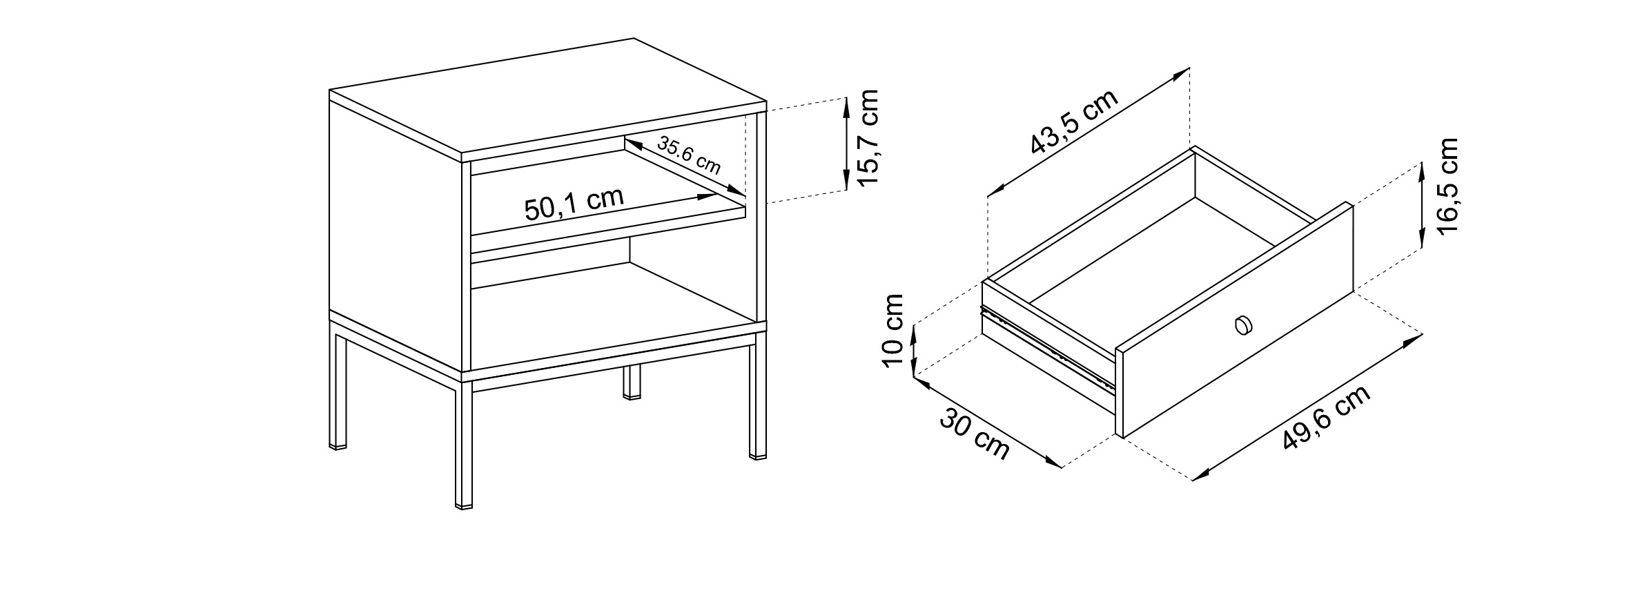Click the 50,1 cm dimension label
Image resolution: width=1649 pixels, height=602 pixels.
(574, 203)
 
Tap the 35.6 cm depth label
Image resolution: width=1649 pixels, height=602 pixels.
(688, 155)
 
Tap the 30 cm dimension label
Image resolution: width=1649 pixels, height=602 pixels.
(975, 434)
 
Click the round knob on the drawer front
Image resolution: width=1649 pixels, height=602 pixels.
(1242, 324)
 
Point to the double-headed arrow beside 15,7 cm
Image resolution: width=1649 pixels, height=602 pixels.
(846, 144)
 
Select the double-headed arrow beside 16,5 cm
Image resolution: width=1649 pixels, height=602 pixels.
(1422, 204)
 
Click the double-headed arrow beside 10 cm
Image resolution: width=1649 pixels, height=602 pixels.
(913, 351)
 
